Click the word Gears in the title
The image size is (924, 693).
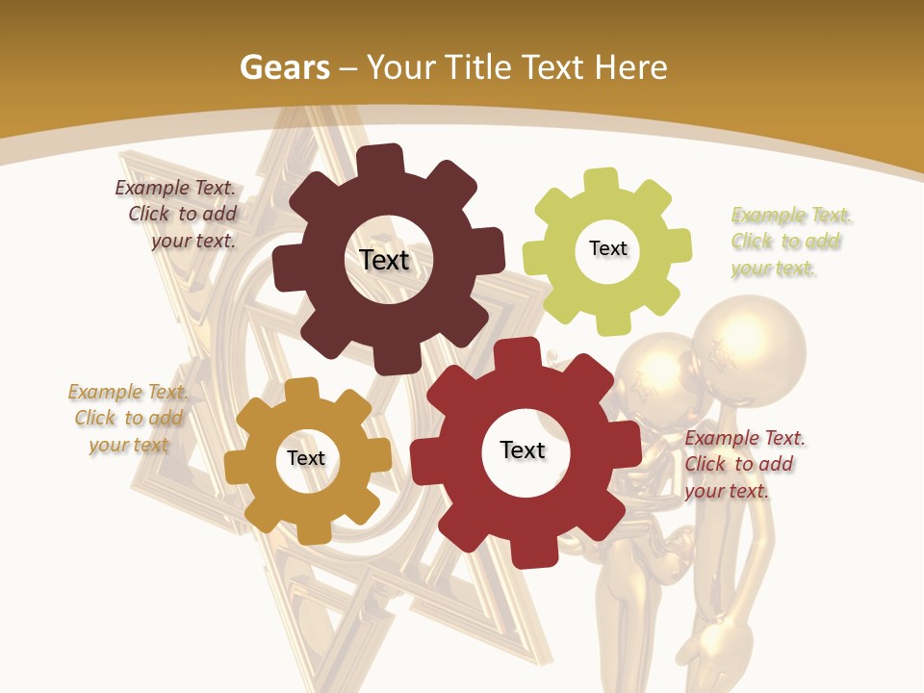coord(284,67)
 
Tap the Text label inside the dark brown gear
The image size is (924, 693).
coord(384,260)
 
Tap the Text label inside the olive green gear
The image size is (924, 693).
coord(607,248)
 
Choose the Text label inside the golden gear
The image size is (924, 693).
coord(305,458)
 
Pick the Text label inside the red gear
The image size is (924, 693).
coord(523,449)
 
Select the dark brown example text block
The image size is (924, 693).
coord(177,215)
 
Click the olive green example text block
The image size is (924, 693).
coord(790,242)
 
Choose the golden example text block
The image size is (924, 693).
coord(127,418)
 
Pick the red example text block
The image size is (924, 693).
coord(743,464)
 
